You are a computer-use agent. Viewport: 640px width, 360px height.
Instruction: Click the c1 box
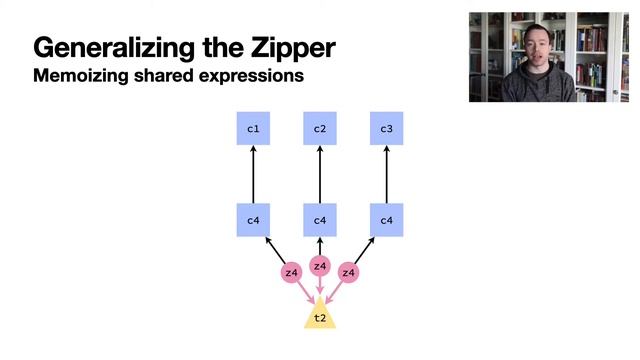(253, 129)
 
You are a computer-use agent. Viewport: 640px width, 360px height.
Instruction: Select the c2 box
(320, 129)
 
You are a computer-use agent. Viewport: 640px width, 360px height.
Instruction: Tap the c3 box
(387, 129)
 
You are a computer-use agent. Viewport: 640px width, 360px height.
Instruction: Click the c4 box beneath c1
(253, 220)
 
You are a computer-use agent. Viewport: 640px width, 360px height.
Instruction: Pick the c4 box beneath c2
(320, 220)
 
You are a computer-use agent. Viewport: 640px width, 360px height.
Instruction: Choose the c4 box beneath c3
(387, 220)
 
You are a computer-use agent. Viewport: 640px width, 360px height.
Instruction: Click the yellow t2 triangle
(320, 316)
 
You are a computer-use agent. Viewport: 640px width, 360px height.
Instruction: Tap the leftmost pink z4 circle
(291, 272)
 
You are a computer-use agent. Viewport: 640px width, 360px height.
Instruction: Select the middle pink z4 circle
(320, 266)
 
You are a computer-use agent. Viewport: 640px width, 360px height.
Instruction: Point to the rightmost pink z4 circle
(349, 272)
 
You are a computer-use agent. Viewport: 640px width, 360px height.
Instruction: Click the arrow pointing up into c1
(253, 174)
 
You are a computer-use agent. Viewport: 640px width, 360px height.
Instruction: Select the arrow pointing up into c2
(320, 174)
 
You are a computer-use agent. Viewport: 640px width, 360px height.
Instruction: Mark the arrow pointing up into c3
(387, 174)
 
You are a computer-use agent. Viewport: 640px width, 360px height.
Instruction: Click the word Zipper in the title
(287, 47)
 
